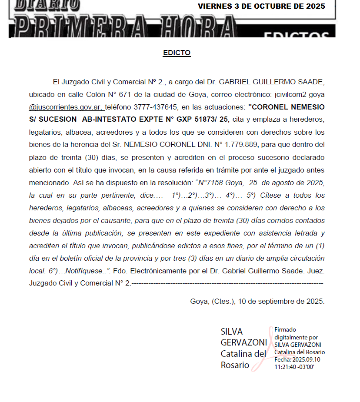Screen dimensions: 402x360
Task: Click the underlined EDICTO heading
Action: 177,53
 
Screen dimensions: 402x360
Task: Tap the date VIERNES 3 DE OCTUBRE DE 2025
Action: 261,7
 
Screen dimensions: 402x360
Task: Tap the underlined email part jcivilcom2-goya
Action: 300,94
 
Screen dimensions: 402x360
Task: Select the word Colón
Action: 92,94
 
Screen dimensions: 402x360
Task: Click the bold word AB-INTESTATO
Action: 108,120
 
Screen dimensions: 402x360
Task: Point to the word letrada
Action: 308,233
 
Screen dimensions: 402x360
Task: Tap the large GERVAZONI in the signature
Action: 244,342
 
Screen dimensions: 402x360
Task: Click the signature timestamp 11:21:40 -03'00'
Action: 294,367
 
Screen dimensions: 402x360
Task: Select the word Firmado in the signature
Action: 285,330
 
